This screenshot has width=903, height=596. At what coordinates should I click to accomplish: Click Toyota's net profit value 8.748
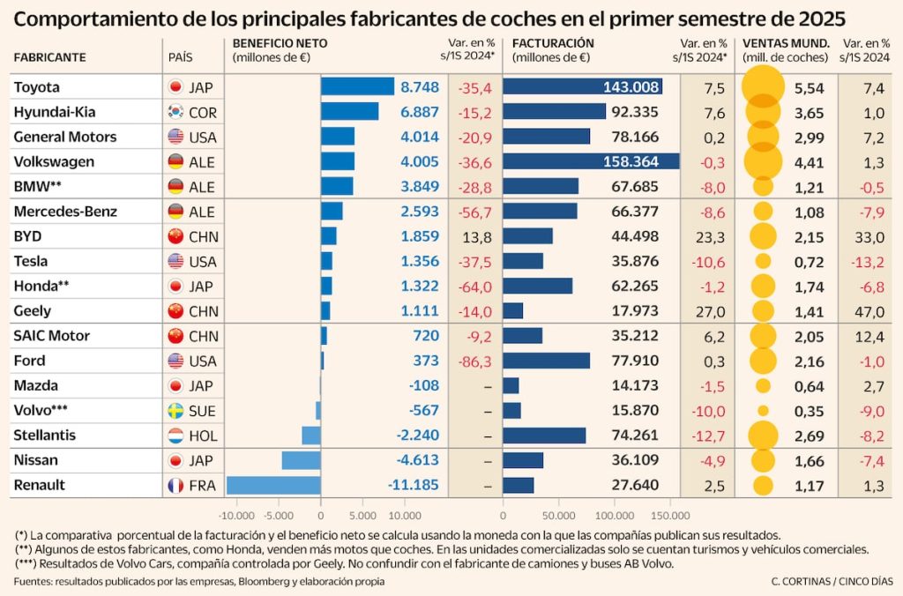[x=419, y=87]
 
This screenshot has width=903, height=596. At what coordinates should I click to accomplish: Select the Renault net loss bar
[x=273, y=485]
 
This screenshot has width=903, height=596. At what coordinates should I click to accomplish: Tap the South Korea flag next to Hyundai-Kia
[x=175, y=112]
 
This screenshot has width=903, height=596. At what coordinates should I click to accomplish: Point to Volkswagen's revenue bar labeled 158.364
[x=591, y=161]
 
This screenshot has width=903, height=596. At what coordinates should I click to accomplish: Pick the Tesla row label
[x=31, y=261]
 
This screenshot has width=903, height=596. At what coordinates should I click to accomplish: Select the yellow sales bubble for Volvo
[x=763, y=410]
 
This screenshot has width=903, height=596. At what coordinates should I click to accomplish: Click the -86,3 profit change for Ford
[x=474, y=361]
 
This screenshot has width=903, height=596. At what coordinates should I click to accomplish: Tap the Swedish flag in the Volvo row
[x=175, y=410]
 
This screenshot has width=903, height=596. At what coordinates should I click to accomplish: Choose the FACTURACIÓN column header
[x=553, y=42]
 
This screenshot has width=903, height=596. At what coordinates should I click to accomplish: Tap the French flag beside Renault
[x=175, y=485]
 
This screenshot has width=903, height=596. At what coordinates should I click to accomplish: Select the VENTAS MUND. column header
[x=786, y=42]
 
